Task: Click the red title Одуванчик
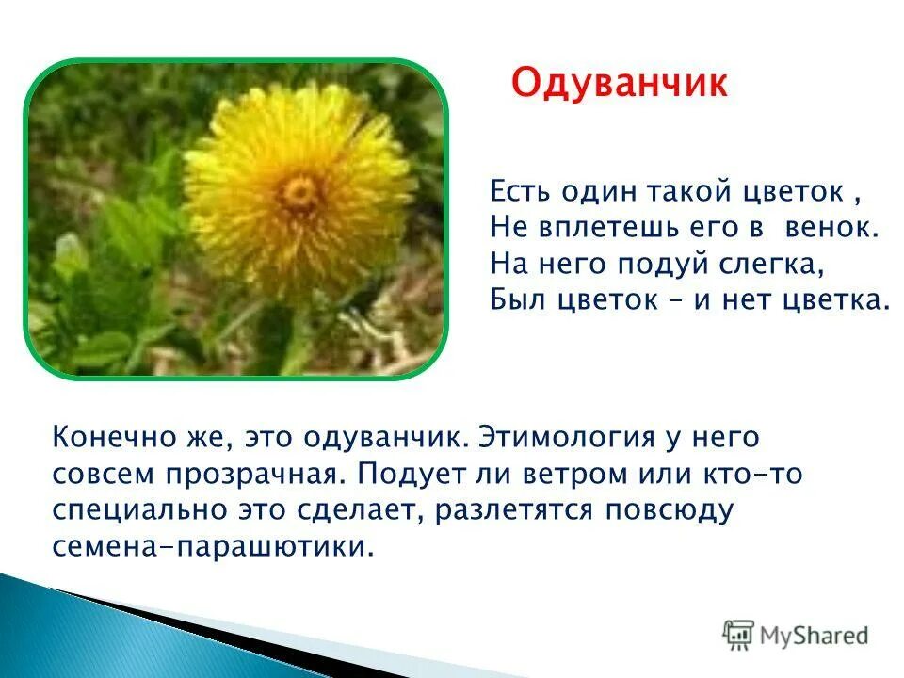pyautogui.click(x=619, y=83)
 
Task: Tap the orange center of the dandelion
pyautogui.click(x=301, y=193)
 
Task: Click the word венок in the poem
pyautogui.click(x=839, y=228)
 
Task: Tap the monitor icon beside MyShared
pyautogui.click(x=739, y=635)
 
